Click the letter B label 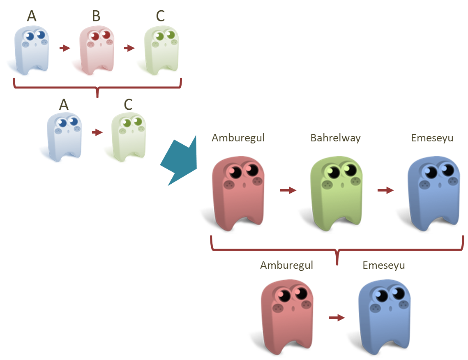pyautogui.click(x=96, y=16)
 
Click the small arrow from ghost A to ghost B pyautogui.click(x=65, y=48)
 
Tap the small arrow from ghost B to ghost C pyautogui.click(x=129, y=48)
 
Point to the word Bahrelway pyautogui.click(x=335, y=138)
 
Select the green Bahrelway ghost pyautogui.click(x=337, y=191)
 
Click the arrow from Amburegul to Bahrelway pyautogui.click(x=288, y=190)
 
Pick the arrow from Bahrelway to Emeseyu pyautogui.click(x=385, y=190)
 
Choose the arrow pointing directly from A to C pyautogui.click(x=97, y=132)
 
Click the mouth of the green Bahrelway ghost pyautogui.click(x=342, y=185)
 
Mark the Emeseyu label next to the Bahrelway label pyautogui.click(x=432, y=138)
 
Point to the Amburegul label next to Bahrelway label pyautogui.click(x=238, y=138)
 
